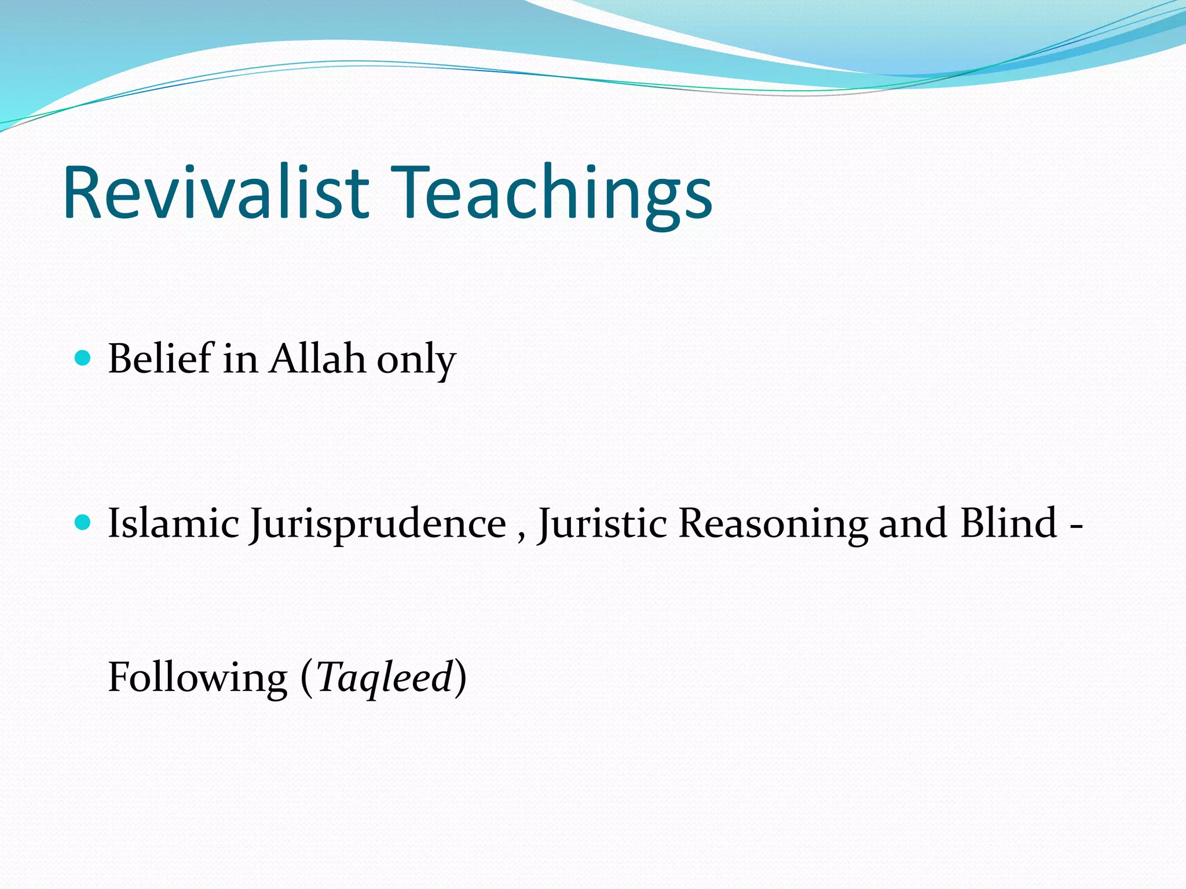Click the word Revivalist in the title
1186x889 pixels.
click(x=215, y=192)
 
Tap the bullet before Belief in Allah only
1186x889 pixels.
click(x=83, y=359)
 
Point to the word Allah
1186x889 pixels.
click(x=317, y=359)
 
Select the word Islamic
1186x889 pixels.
click(x=173, y=523)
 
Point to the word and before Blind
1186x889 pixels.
click(x=912, y=523)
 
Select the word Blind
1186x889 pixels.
click(x=1008, y=523)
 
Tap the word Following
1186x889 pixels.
click(x=197, y=678)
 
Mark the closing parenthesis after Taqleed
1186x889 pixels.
click(x=460, y=678)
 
